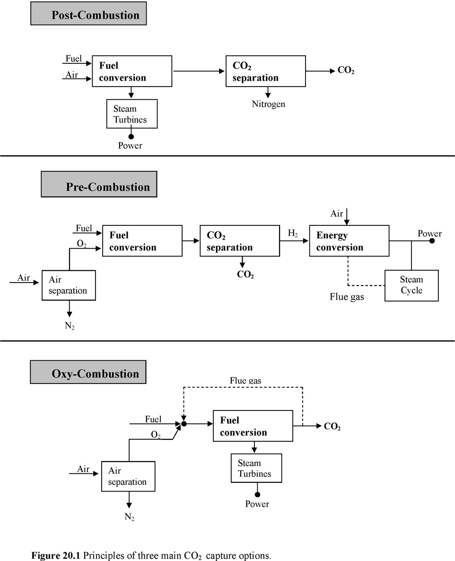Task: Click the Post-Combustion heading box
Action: (88, 14)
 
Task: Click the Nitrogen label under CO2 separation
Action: (268, 104)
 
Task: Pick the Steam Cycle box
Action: (411, 285)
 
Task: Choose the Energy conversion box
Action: (349, 241)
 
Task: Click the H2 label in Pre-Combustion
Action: (293, 233)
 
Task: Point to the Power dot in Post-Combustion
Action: (131, 136)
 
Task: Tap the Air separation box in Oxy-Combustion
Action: (129, 476)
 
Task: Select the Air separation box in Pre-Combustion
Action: (69, 285)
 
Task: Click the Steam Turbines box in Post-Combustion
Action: (131, 114)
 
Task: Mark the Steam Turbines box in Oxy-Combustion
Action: (256, 468)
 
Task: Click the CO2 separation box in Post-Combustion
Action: (265, 71)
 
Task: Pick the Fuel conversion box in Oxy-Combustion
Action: (253, 426)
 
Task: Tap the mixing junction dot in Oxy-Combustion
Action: (184, 424)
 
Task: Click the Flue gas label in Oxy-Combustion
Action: (245, 380)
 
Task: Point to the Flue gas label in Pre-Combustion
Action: (347, 298)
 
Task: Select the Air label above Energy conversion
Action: (337, 214)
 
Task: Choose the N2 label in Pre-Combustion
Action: (70, 326)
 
